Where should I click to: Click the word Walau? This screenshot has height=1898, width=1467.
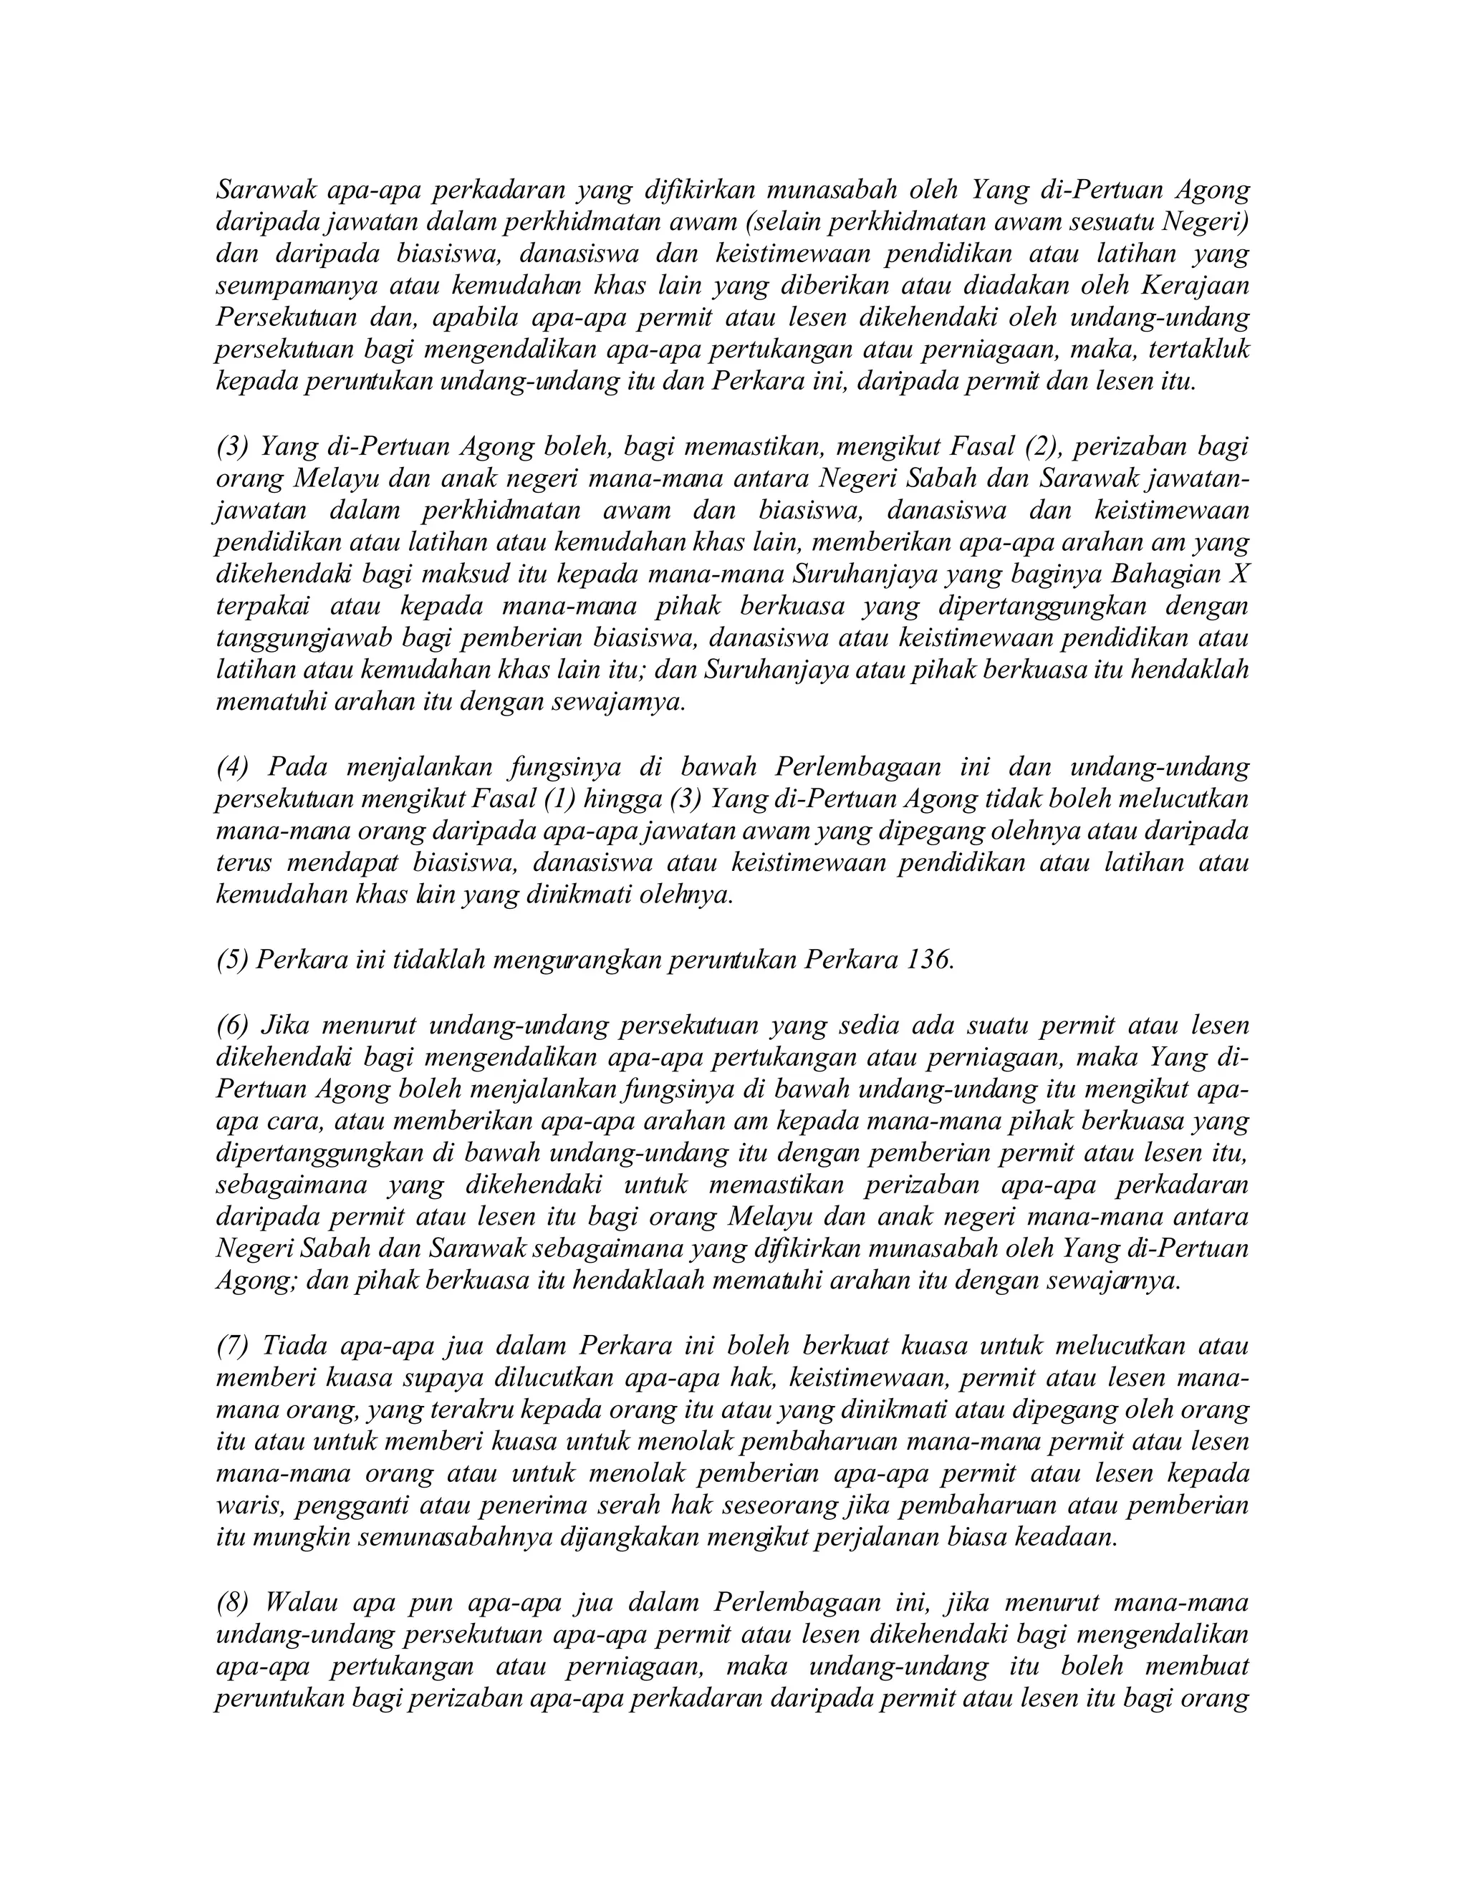coord(301,1601)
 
